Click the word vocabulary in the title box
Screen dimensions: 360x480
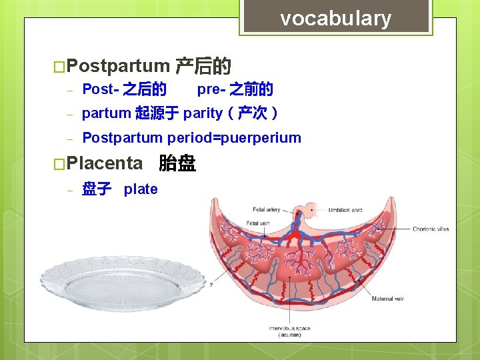[335, 19]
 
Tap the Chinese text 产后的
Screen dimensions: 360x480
[203, 66]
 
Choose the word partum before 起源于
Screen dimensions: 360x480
[106, 113]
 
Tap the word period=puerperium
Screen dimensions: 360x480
[234, 138]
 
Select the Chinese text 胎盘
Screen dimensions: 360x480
[177, 163]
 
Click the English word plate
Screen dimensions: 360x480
[141, 189]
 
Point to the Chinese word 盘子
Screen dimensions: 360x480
[96, 189]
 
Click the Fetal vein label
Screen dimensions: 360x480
[259, 223]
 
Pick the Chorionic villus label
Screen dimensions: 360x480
[430, 229]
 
